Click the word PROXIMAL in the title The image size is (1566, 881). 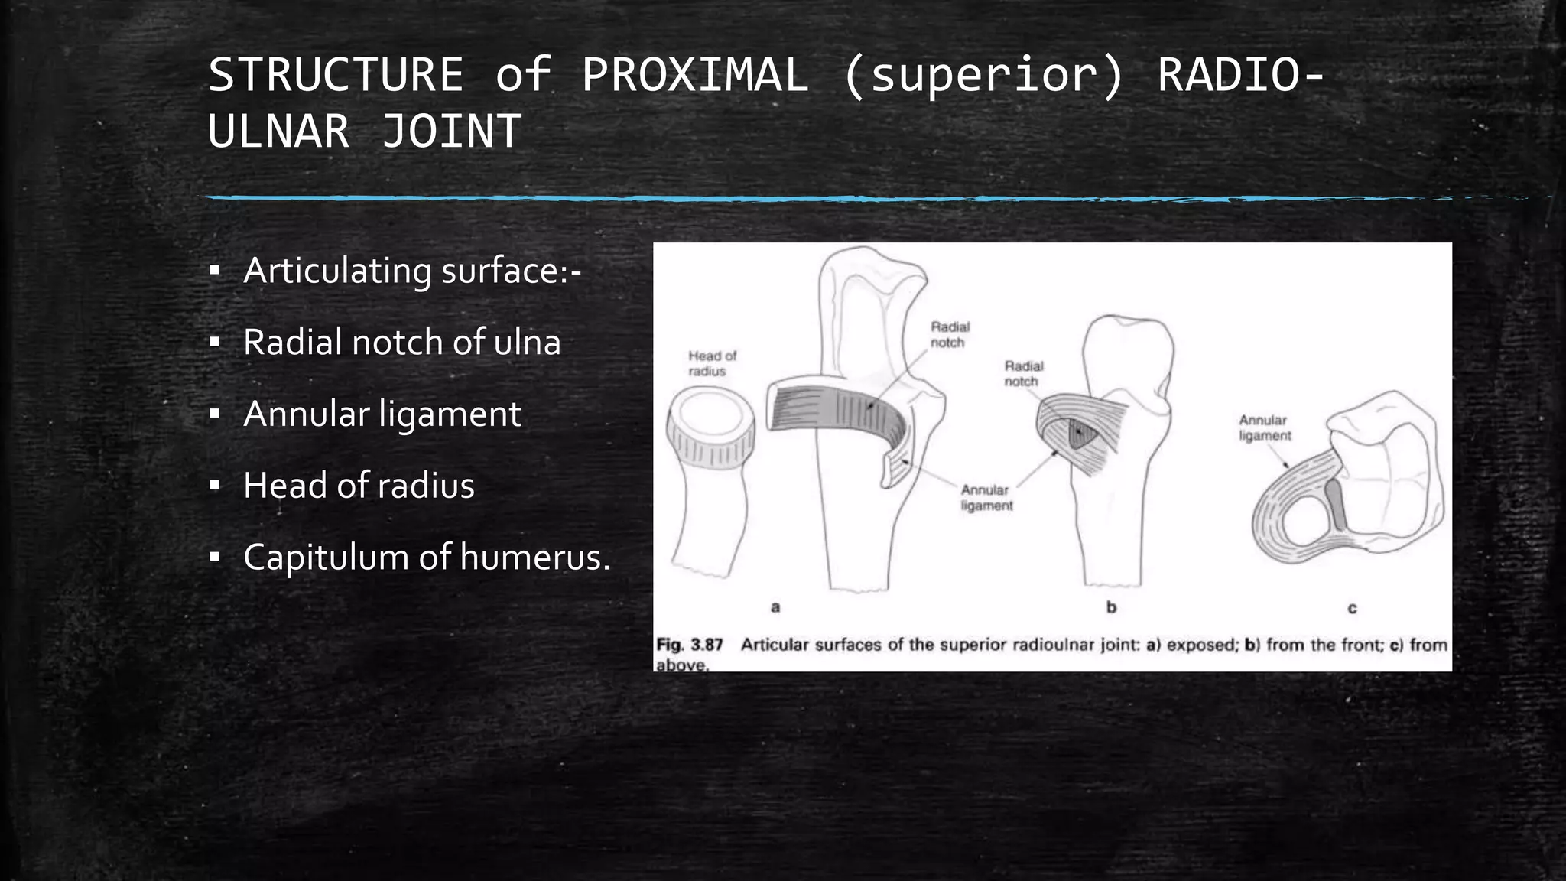[694, 75]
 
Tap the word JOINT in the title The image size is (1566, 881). [451, 131]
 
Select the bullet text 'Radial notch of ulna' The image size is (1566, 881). [402, 342]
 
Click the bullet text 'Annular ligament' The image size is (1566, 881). [382, 414]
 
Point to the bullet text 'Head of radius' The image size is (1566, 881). [359, 486]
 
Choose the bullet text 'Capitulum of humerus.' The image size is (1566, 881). [427, 557]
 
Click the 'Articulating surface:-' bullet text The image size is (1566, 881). [412, 271]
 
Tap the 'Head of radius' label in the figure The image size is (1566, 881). [711, 363]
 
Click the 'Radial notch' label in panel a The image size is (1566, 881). [949, 335]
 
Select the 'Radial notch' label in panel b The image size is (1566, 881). [1023, 374]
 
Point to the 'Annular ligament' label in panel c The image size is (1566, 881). [1264, 428]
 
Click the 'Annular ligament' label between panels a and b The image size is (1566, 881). [986, 498]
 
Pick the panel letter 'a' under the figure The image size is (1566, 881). [775, 607]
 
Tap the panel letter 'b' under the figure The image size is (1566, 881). [1111, 607]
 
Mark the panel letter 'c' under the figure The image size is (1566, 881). [1352, 609]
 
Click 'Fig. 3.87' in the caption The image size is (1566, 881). [690, 645]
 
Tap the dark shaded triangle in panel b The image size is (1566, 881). [1082, 434]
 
